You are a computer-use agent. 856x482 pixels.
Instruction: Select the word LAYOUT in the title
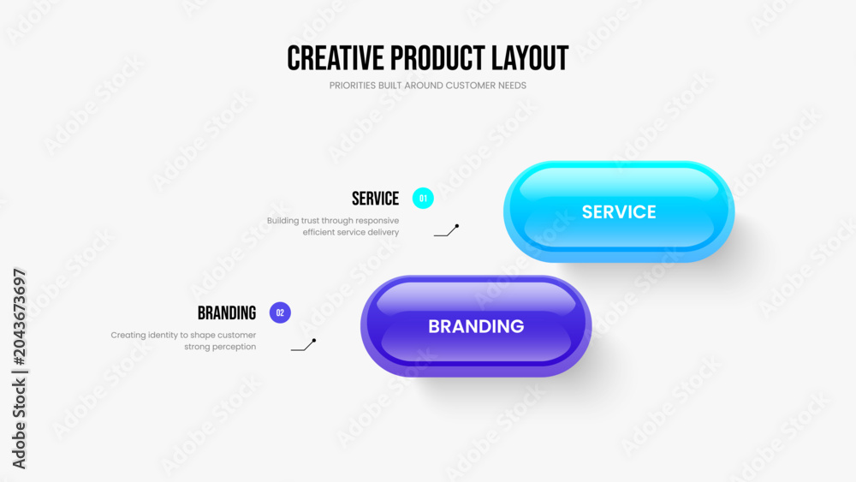tap(530, 58)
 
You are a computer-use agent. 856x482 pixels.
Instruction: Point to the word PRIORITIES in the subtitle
tap(353, 86)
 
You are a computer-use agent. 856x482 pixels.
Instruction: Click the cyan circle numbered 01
tap(423, 198)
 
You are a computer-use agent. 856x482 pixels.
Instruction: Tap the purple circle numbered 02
tap(280, 312)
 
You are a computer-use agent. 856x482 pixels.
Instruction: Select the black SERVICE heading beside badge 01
tap(375, 199)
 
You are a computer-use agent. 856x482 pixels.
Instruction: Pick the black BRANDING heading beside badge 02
tap(227, 313)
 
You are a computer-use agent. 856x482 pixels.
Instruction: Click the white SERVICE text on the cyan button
tap(619, 211)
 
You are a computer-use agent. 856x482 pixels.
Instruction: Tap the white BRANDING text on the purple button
tap(476, 326)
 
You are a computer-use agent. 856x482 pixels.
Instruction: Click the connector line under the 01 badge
tap(447, 231)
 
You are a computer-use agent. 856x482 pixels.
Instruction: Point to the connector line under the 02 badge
tap(304, 345)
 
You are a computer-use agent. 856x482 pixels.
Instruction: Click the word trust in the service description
tap(310, 221)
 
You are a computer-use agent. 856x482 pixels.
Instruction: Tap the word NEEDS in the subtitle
tap(512, 86)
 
